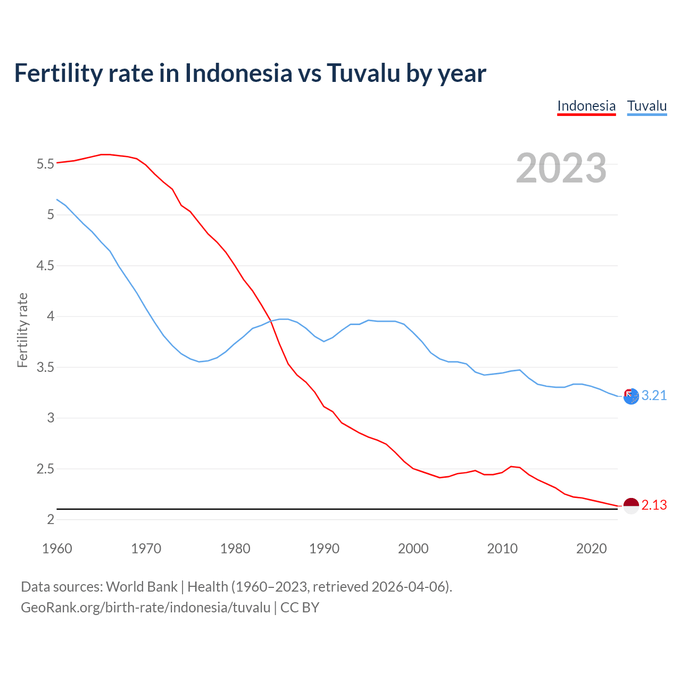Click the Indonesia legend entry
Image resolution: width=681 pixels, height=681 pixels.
(586, 106)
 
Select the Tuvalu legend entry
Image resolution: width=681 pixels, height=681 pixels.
(647, 106)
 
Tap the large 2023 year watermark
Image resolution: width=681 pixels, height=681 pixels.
(561, 168)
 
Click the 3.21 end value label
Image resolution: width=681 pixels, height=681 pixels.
(654, 395)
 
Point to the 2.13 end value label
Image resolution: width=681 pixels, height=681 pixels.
(654, 505)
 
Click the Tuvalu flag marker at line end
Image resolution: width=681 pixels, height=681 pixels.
(631, 396)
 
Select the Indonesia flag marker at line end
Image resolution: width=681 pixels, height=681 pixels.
(631, 506)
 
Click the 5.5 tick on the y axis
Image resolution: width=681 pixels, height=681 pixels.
(45, 164)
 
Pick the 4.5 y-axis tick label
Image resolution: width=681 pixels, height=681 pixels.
(45, 265)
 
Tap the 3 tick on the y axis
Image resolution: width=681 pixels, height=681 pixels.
(51, 418)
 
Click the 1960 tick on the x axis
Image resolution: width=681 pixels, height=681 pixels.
(57, 549)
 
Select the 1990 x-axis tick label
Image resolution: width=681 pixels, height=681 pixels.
(324, 549)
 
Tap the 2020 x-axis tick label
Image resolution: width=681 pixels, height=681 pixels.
(591, 549)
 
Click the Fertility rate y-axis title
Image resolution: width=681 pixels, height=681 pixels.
(22, 330)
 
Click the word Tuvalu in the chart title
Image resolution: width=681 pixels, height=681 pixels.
(363, 73)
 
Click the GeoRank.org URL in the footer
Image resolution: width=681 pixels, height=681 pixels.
(145, 608)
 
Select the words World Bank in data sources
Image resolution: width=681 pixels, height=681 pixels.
(142, 587)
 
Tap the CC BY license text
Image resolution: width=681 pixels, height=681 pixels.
(300, 608)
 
